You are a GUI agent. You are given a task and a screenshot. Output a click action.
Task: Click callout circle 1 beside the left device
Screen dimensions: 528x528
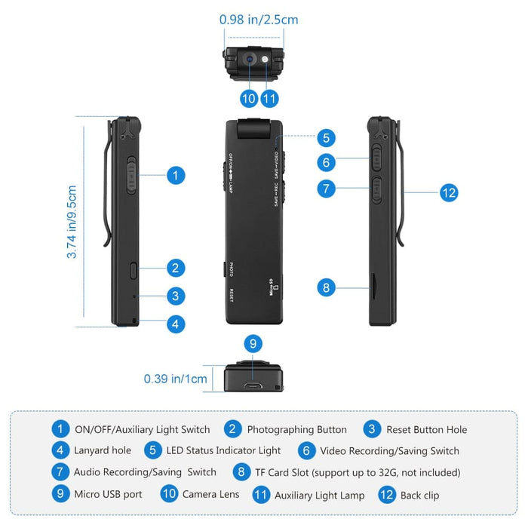coord(175,176)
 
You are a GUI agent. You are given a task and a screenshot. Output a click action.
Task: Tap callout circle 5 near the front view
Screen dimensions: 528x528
coord(326,138)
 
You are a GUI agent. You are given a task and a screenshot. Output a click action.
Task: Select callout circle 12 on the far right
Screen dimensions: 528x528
coord(449,193)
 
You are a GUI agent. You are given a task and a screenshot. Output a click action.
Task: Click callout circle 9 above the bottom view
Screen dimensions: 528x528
coord(254,344)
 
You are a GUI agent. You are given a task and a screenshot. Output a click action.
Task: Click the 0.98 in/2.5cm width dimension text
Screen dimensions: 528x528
coord(259,20)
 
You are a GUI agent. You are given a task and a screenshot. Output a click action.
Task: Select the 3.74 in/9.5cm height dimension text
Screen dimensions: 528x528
coord(72,222)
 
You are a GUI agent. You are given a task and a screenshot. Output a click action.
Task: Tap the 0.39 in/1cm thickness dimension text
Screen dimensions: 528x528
coord(175,379)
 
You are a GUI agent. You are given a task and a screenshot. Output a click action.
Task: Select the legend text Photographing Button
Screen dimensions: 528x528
coord(297,429)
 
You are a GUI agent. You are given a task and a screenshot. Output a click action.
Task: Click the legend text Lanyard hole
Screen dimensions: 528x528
coord(103,450)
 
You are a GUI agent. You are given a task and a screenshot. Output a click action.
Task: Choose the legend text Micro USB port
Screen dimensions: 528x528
coord(108,494)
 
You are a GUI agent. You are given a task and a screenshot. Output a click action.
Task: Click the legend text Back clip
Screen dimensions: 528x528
coord(420,495)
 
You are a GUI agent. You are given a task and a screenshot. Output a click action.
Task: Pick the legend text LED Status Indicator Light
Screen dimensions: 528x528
coord(224,450)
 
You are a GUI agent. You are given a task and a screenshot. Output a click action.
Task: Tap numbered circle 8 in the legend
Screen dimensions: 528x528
coord(241,472)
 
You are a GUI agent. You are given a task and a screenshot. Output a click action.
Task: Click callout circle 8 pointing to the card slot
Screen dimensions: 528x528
coord(326,287)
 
